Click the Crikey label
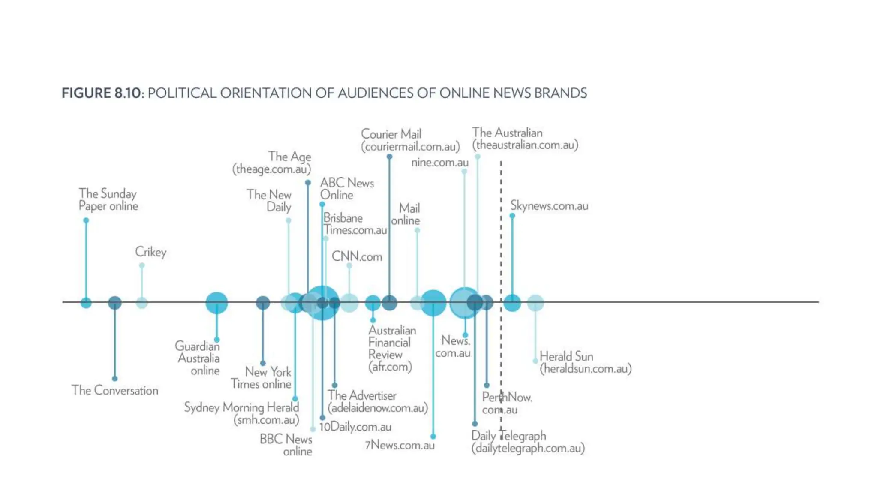pos(150,252)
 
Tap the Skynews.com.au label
pos(549,206)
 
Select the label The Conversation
pos(114,390)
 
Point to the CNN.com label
pos(357,256)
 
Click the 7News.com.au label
pos(400,445)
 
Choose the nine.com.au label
pos(439,163)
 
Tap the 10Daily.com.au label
pos(355,427)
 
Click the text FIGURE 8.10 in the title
pos(101,93)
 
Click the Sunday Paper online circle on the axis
pos(86,303)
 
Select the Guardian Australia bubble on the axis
pos(216,303)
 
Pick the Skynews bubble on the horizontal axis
pos(512,303)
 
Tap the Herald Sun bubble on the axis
pos(535,303)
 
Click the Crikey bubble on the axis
pos(141,303)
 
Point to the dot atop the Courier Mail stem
pos(389,157)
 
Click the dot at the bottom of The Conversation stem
pos(114,379)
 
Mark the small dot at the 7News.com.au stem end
pos(433,437)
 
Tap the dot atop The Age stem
pos(308,183)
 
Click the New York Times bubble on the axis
pos(263,303)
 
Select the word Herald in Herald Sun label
pos(554,356)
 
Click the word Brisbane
pos(343,218)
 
